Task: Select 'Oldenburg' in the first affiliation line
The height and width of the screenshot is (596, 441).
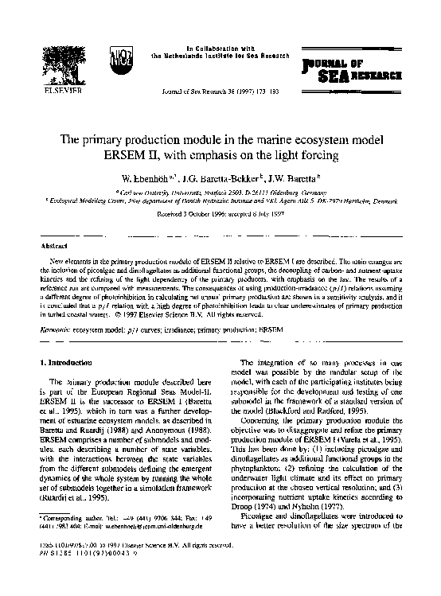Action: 280,192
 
